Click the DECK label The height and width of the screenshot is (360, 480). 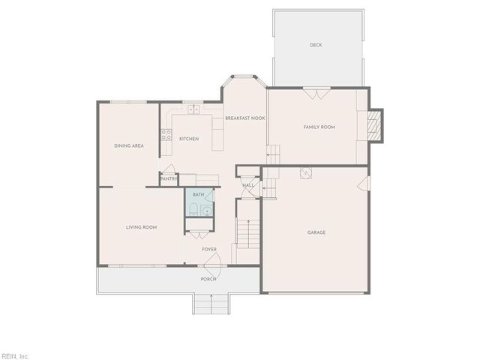coord(316,45)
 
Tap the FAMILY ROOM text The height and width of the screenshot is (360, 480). coord(319,127)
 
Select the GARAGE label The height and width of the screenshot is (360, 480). coord(316,232)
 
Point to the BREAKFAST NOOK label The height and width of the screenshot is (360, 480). coord(245,118)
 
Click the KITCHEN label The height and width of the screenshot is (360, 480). coord(188,139)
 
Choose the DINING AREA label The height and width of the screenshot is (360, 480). coord(129,145)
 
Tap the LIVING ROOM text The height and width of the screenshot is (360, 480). coord(141,226)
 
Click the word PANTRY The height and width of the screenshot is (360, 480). coord(169,179)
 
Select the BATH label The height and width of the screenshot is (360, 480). coord(198,194)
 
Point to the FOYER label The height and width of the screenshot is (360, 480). coord(208,249)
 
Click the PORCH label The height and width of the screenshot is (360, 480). coord(208,279)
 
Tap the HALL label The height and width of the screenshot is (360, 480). coord(247,184)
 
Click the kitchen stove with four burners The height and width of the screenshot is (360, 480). coord(166,136)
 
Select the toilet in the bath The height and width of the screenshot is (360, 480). coord(193,209)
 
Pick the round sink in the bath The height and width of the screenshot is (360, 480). coord(206,210)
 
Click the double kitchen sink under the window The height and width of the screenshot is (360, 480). coord(193,109)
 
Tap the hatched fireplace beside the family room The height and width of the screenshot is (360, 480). coord(376,124)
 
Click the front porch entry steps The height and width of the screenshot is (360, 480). coord(211,303)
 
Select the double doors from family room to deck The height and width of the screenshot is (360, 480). coord(316,93)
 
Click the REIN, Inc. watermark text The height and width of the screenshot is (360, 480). coord(15,355)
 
